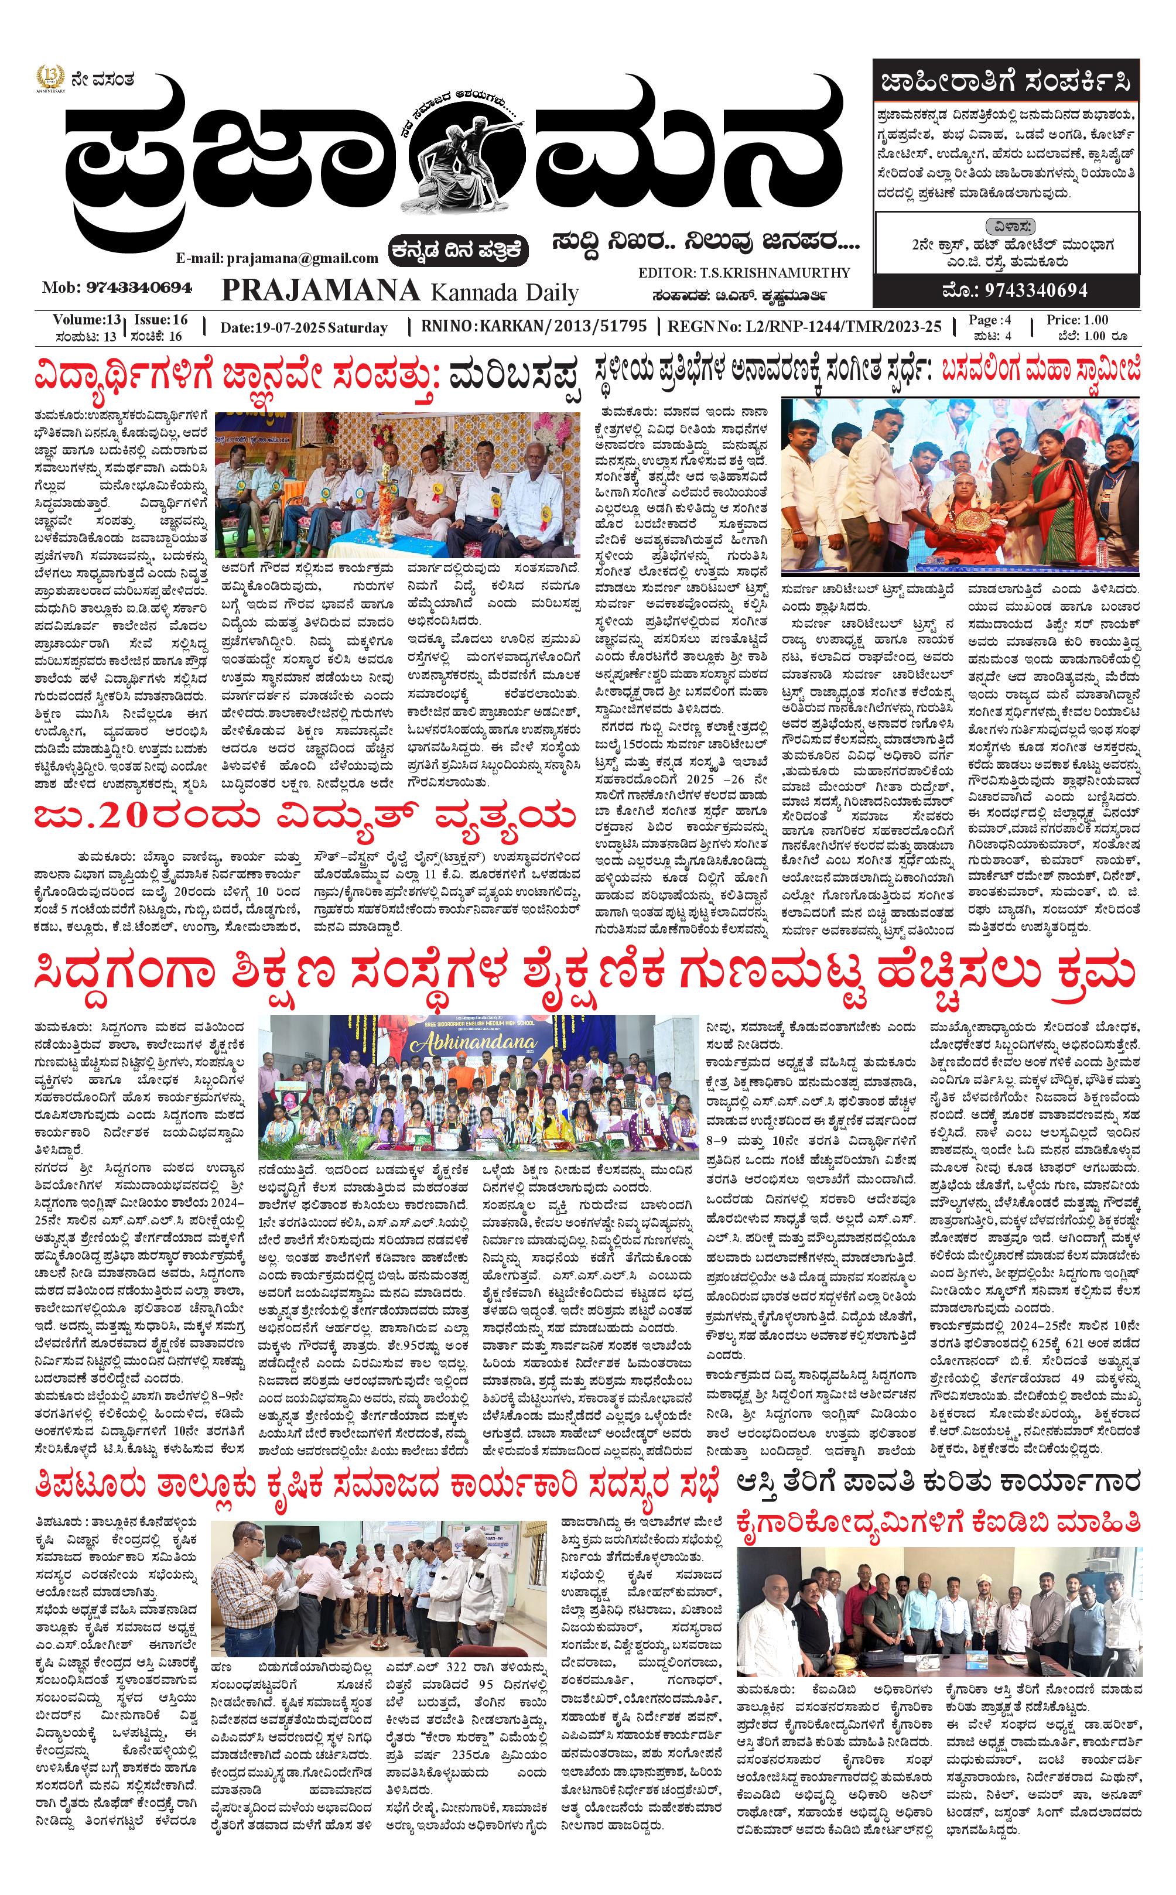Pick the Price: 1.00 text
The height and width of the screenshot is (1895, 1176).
click(x=1076, y=320)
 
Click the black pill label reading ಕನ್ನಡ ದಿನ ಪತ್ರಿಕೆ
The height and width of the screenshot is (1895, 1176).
click(x=459, y=251)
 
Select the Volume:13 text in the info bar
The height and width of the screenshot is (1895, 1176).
click(x=86, y=320)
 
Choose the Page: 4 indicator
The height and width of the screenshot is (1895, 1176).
click(x=989, y=320)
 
